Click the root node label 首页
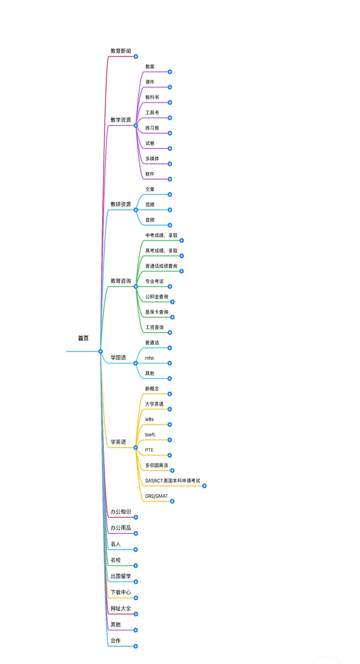83,338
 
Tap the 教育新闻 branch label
121,51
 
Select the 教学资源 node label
121,120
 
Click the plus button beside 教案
170,72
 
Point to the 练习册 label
152,128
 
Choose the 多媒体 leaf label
152,159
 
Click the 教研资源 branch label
121,204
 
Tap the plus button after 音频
170,225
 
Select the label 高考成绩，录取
161,251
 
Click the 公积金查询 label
157,297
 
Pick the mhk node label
149,358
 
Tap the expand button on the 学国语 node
136,363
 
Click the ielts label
149,419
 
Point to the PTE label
149,450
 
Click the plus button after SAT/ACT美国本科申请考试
204,486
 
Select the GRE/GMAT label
156,496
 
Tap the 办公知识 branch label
121,512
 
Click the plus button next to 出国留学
136,582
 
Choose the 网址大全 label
121,608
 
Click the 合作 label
115,641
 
